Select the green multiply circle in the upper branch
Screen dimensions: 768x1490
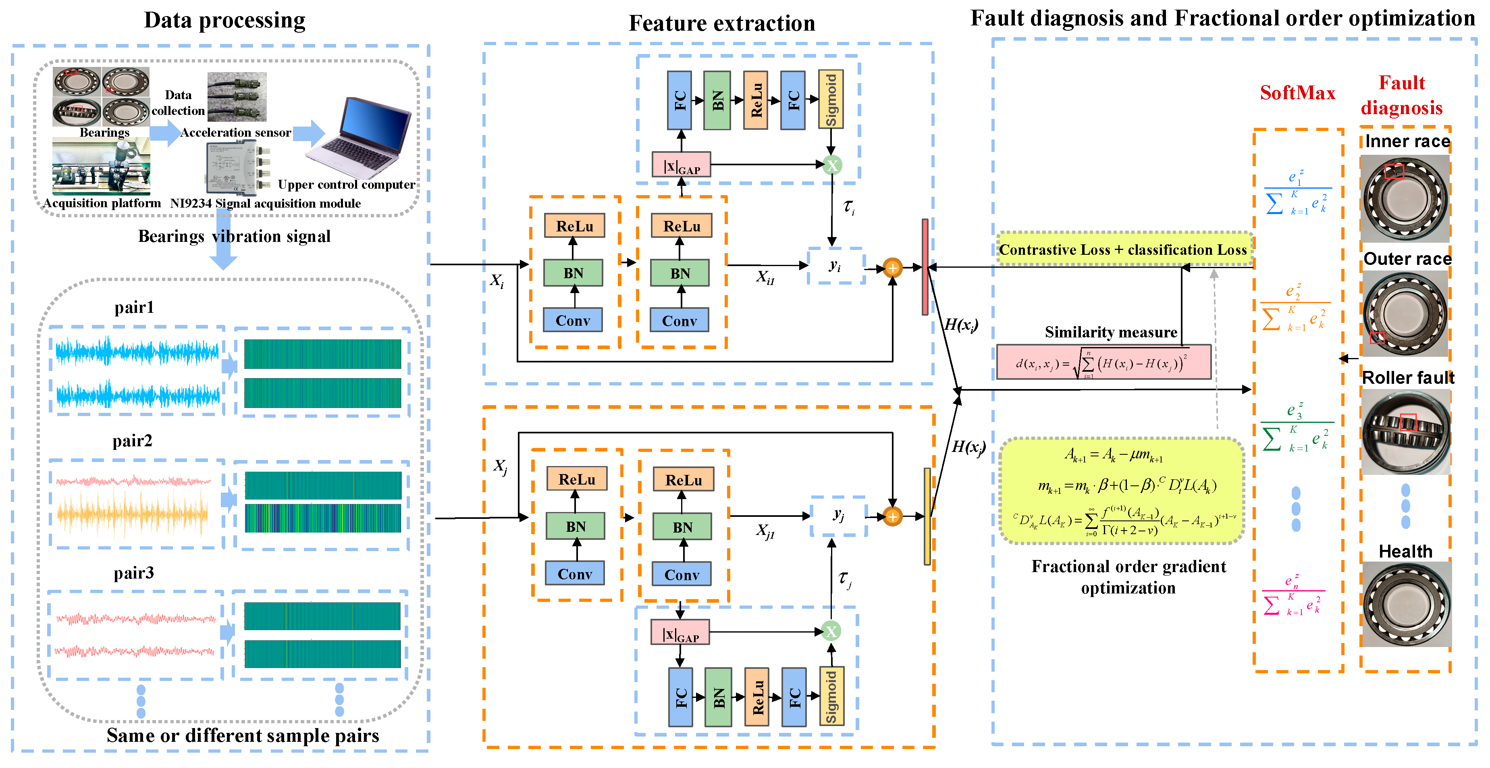point(832,166)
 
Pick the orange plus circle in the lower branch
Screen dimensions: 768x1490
point(892,516)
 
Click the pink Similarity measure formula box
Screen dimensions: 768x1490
point(1103,363)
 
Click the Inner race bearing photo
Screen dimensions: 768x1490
point(1405,198)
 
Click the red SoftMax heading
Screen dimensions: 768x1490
point(1297,93)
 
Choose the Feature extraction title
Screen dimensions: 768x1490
point(721,23)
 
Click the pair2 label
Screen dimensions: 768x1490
point(133,441)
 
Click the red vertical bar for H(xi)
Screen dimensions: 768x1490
point(925,267)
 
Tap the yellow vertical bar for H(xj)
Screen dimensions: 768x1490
point(927,516)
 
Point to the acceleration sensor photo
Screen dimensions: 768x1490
point(237,97)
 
